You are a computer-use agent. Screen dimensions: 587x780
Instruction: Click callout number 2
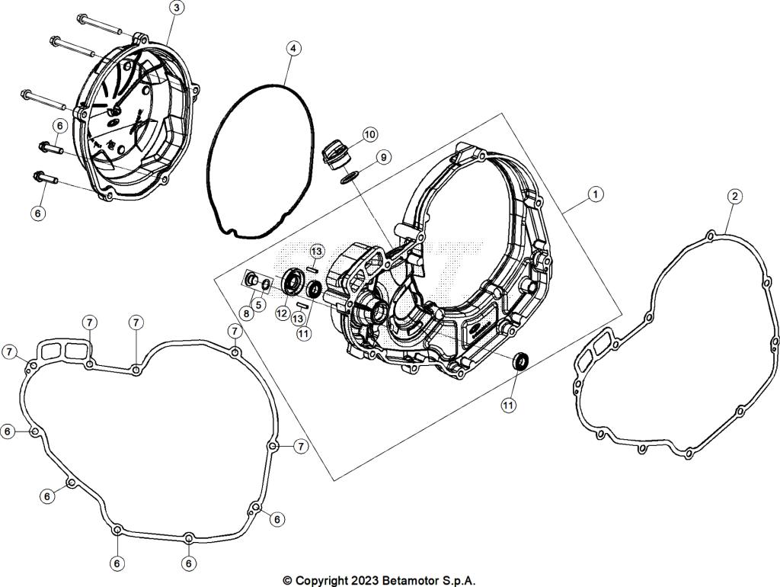click(x=734, y=196)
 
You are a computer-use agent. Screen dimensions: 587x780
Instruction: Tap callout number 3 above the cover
click(x=176, y=8)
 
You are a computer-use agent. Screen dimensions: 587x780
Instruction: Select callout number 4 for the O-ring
click(x=292, y=48)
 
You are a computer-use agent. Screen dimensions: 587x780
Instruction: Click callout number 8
click(x=245, y=312)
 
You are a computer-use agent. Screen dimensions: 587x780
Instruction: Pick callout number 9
click(x=383, y=157)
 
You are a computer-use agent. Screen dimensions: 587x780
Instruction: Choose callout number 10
click(x=369, y=135)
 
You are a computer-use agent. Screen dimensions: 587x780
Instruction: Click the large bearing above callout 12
click(x=292, y=282)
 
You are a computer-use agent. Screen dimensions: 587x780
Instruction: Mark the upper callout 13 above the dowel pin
click(x=316, y=251)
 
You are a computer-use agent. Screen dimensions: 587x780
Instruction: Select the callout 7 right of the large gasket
click(x=300, y=446)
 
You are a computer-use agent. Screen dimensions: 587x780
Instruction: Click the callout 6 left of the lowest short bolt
click(x=38, y=213)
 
